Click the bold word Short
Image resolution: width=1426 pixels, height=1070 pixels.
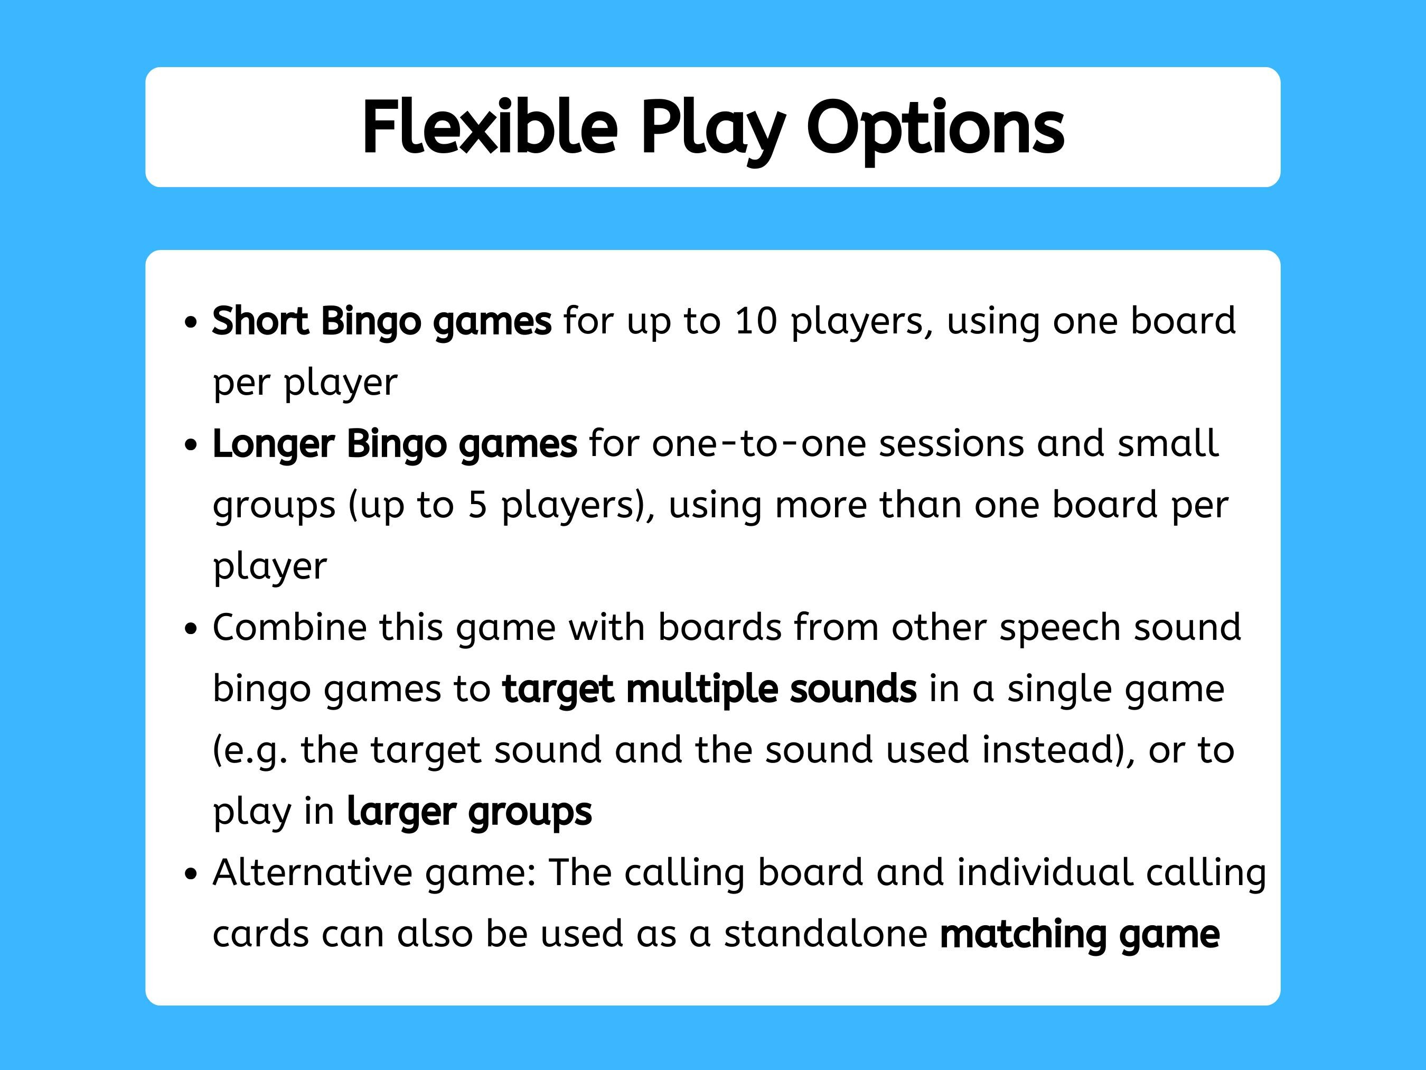coord(260,321)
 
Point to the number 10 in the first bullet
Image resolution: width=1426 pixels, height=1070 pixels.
coord(756,321)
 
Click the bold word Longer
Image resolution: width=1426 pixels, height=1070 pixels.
coord(274,444)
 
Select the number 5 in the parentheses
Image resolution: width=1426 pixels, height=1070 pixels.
coord(477,505)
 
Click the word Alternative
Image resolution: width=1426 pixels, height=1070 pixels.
coord(312,872)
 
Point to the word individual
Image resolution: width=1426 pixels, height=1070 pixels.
coord(1044,872)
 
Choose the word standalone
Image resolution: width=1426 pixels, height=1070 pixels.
coord(825,934)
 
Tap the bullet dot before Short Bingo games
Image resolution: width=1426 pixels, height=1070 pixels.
coord(190,322)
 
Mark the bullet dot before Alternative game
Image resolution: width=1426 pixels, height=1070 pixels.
coord(190,874)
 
